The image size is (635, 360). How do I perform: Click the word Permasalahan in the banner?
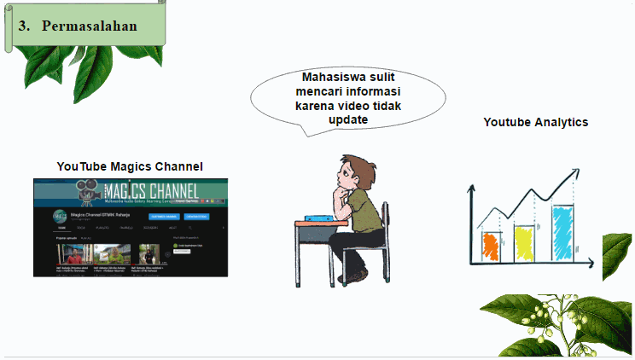90,26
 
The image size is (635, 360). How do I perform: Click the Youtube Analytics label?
535,122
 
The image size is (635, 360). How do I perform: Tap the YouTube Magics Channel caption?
130,165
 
